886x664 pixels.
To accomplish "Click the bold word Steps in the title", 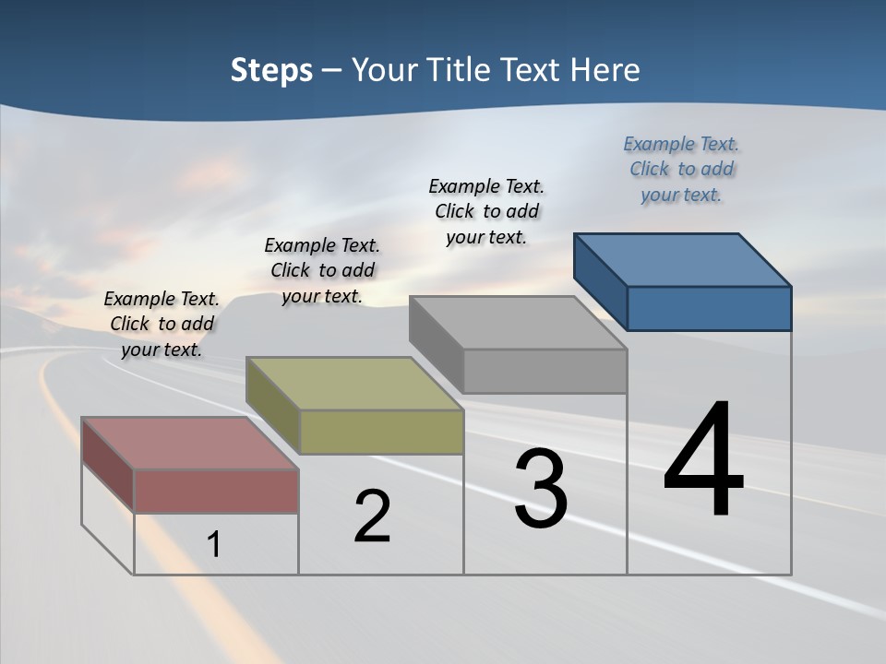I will [x=271, y=70].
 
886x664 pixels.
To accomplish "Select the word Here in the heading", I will [x=605, y=70].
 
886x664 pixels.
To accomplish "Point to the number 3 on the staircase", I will [x=541, y=489].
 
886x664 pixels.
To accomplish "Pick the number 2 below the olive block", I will [x=372, y=516].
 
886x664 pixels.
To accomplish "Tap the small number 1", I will [x=213, y=544].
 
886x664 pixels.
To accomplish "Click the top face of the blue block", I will [x=683, y=259].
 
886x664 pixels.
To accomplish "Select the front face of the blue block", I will [x=709, y=308].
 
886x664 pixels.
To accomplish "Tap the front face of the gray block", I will [x=545, y=371].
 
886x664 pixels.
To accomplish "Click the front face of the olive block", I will [x=381, y=432].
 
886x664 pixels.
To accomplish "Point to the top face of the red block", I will [x=190, y=444].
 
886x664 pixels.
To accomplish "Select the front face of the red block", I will [x=216, y=491].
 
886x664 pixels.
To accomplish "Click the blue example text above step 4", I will [x=681, y=169].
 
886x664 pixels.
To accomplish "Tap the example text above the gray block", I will [x=486, y=211].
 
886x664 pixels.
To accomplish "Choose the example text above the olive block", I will [x=322, y=270].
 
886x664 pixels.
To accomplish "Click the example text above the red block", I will [x=162, y=324].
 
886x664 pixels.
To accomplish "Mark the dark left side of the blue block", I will [x=600, y=281].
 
